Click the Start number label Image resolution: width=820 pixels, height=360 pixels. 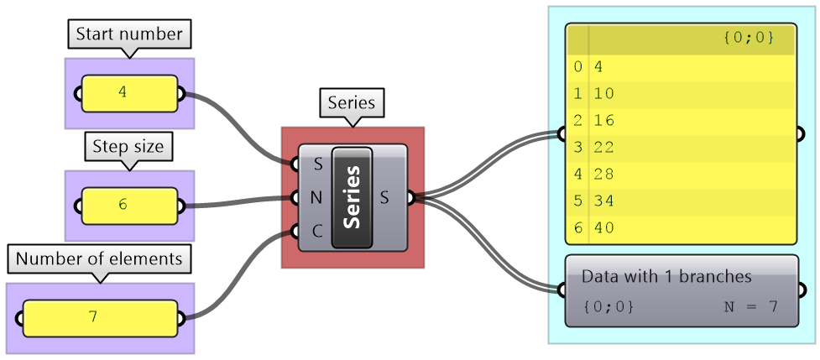(x=129, y=34)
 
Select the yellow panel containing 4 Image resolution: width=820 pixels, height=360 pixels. (x=129, y=92)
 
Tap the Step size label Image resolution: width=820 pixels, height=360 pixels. (x=128, y=148)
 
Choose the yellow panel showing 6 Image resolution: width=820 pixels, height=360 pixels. (x=129, y=205)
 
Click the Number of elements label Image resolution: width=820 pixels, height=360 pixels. (x=99, y=258)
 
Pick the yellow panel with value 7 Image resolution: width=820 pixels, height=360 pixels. (x=100, y=318)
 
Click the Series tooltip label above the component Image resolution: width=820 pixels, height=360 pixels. (x=351, y=103)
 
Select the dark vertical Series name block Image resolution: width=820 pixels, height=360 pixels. (x=353, y=197)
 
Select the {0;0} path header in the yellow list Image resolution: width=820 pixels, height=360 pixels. (x=747, y=38)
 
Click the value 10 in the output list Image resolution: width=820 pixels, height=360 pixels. (x=604, y=92)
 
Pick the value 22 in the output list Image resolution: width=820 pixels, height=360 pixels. (x=604, y=147)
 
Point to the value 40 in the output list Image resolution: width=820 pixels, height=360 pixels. (x=604, y=227)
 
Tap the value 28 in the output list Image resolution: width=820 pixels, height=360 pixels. (x=604, y=174)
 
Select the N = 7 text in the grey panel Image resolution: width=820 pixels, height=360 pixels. (x=750, y=306)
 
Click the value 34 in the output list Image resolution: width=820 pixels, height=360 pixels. (x=604, y=201)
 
